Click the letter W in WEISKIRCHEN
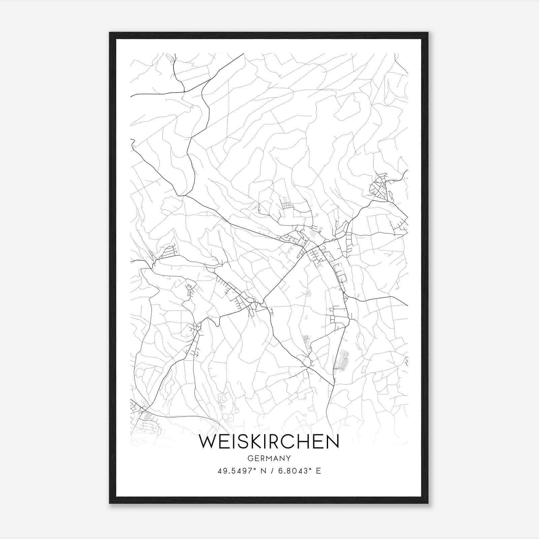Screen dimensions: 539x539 209,442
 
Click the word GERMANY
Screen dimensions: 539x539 269,458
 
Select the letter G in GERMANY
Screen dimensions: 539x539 250,458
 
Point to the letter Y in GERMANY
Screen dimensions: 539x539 289,458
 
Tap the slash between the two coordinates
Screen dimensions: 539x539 272,471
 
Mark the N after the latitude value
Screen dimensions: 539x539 263,471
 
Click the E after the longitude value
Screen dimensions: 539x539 318,471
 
